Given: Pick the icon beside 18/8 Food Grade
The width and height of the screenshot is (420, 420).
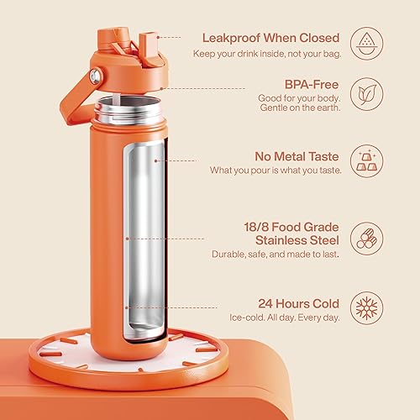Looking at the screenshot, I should point(365,237).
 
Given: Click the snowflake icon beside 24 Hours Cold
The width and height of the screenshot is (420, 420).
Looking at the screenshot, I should point(365,307).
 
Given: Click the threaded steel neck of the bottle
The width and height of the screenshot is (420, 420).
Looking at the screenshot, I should point(129,108).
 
